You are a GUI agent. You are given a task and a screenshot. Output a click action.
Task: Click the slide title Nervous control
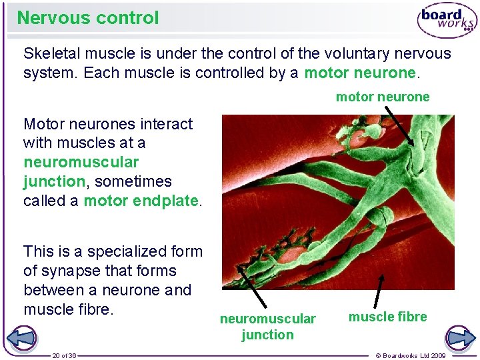[x=88, y=18]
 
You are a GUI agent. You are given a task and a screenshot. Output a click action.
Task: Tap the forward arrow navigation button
[x=459, y=337]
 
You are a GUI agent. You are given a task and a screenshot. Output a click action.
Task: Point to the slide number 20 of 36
[x=65, y=355]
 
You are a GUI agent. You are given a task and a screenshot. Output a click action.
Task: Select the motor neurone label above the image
[x=383, y=97]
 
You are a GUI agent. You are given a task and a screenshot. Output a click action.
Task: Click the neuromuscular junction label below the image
[x=267, y=327]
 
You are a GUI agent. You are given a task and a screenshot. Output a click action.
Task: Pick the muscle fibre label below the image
[x=387, y=317]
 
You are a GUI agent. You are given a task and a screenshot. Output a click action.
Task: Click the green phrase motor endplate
[x=141, y=201]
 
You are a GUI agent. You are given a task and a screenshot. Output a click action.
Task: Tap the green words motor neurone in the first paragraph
[x=359, y=73]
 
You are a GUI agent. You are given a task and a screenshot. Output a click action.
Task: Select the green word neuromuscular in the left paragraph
[x=81, y=162]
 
